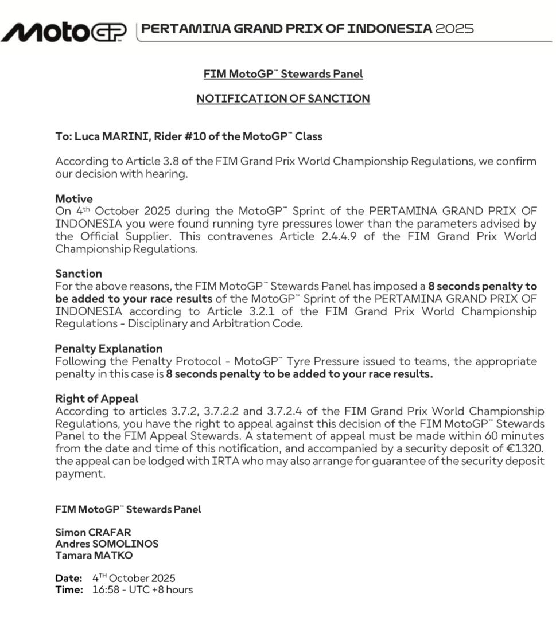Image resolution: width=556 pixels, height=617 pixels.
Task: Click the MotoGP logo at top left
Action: tap(64, 32)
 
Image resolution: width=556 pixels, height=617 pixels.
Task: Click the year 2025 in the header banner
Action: tap(454, 29)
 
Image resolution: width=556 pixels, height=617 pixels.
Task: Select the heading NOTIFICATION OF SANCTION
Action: tap(283, 99)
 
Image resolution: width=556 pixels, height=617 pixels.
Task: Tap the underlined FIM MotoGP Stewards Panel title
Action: tap(283, 74)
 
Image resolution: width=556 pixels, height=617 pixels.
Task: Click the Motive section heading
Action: tap(73, 199)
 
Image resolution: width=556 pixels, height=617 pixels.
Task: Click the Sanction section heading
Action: tap(79, 274)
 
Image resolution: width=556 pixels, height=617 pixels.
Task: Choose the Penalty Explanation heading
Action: tap(108, 349)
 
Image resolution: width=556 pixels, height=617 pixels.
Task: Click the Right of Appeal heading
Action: tap(96, 398)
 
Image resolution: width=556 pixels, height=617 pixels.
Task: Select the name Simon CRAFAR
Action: tap(93, 532)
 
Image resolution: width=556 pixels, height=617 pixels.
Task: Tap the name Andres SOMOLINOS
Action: tap(107, 544)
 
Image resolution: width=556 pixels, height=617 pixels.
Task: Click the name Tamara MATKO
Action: tap(94, 555)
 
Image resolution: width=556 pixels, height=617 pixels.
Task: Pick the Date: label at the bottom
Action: tap(69, 578)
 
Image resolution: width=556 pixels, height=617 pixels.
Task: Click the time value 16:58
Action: tap(106, 589)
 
